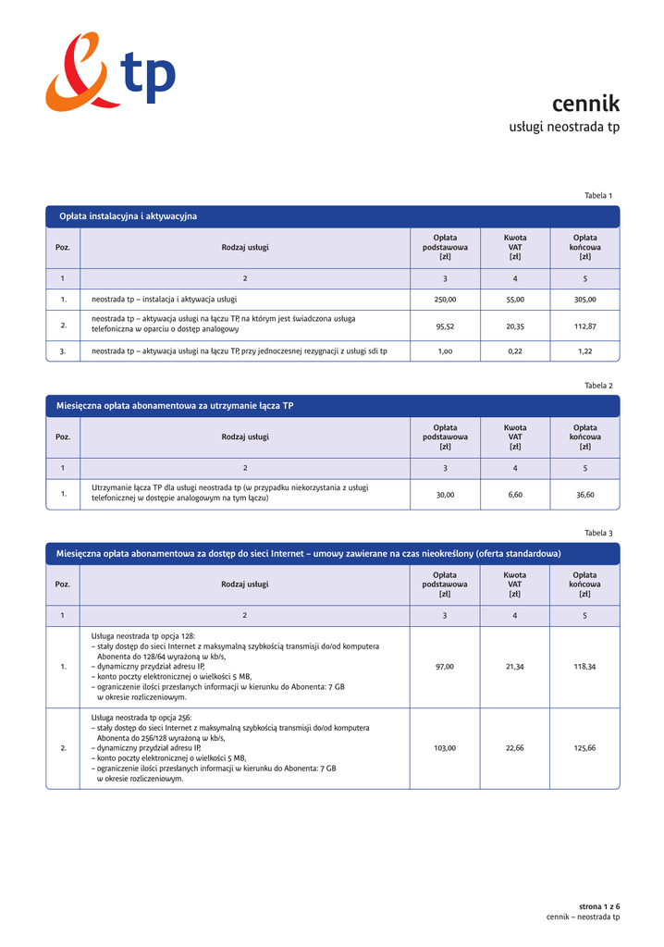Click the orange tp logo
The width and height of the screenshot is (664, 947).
click(x=109, y=71)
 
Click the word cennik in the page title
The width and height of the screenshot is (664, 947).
click(x=585, y=104)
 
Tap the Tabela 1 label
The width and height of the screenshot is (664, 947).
click(x=598, y=196)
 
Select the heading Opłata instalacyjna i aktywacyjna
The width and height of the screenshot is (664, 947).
click(x=129, y=216)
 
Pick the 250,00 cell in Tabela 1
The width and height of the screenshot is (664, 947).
click(x=445, y=300)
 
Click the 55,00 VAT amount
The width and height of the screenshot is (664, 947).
click(x=515, y=300)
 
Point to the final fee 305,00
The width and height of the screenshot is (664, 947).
click(x=585, y=300)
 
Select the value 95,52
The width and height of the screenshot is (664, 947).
click(x=445, y=326)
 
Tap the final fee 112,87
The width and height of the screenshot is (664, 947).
click(x=585, y=326)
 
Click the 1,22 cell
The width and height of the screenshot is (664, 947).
click(x=585, y=351)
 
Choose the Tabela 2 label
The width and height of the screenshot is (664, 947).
click(x=598, y=386)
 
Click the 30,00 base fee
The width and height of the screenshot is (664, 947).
click(x=445, y=495)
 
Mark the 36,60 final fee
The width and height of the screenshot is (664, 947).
click(x=585, y=495)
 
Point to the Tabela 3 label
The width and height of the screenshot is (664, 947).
click(x=598, y=534)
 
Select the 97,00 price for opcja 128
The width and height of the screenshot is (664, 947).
click(x=445, y=667)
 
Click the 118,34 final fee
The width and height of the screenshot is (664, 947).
click(x=585, y=667)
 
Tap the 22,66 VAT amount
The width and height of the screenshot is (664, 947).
click(x=515, y=748)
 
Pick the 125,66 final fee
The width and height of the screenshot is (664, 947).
click(x=585, y=748)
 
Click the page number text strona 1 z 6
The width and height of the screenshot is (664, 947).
click(x=599, y=906)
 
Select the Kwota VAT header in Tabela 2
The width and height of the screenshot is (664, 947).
click(x=515, y=437)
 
